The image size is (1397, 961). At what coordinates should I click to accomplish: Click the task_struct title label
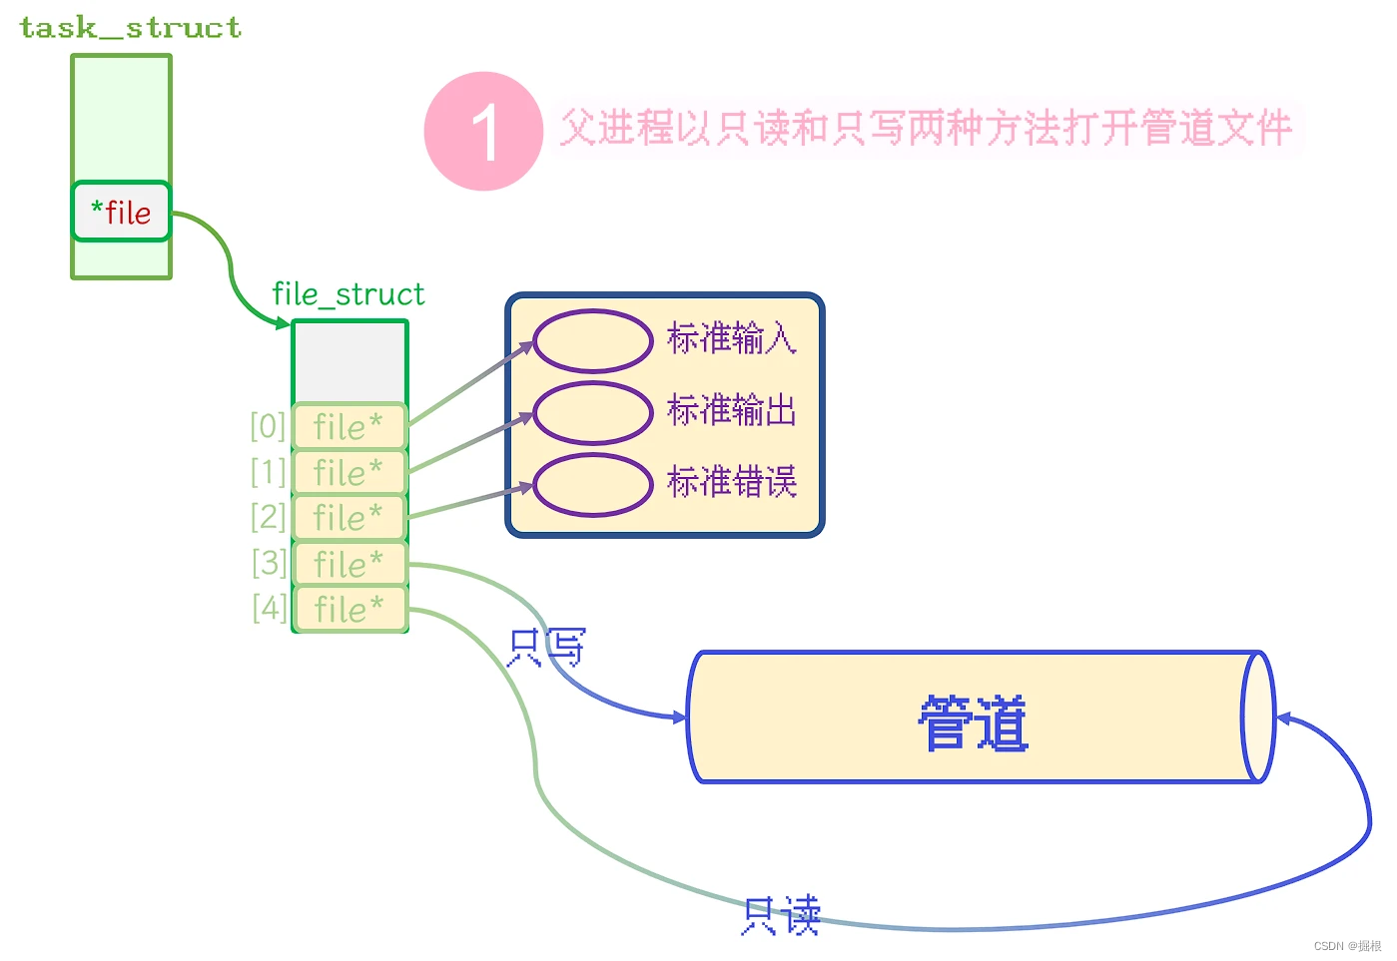point(131,28)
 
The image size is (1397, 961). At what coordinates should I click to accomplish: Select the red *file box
point(122,212)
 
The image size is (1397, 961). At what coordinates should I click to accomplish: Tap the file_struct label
point(348,294)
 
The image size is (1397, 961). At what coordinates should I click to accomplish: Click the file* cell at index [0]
point(349,427)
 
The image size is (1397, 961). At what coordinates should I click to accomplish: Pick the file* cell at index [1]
point(349,472)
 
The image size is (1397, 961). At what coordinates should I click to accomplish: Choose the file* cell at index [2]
point(349,518)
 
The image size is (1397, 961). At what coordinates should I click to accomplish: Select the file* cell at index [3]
point(349,564)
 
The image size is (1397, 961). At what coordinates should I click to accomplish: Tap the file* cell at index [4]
point(349,609)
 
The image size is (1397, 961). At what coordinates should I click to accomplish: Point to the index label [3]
point(269,563)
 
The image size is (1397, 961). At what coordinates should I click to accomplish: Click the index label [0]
point(268,426)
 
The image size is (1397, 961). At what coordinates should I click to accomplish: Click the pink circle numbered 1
point(483,131)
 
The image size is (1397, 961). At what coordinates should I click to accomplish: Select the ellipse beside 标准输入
point(593,341)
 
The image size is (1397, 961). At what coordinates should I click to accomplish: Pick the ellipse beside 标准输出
point(593,412)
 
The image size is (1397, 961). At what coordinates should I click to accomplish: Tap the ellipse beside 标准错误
point(593,485)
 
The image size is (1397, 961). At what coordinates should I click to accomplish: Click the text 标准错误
point(732,483)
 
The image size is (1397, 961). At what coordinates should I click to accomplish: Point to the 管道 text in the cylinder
point(973,722)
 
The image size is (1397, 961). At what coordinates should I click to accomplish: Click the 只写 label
point(546,647)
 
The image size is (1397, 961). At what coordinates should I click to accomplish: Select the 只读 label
point(781,915)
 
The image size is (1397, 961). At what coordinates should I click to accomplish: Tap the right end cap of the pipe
point(1258,717)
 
